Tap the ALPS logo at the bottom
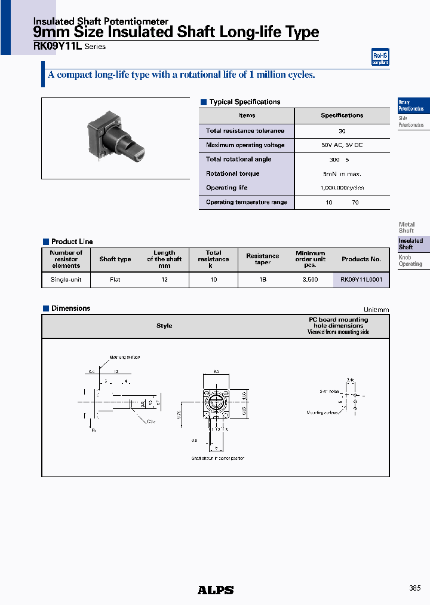click(x=216, y=590)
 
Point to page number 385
click(x=414, y=588)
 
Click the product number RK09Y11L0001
click(x=361, y=279)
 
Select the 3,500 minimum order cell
click(x=310, y=279)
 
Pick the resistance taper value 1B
click(x=262, y=279)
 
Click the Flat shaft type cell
click(x=115, y=279)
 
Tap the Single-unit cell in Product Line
click(x=66, y=279)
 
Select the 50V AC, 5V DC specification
click(x=342, y=145)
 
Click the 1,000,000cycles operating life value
click(x=342, y=188)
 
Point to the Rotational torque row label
click(x=232, y=173)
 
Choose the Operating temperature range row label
click(x=246, y=202)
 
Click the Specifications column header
click(x=342, y=115)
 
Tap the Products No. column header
click(x=361, y=259)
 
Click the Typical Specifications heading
click(x=244, y=102)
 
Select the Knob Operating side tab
click(x=410, y=261)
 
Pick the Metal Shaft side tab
click(x=407, y=227)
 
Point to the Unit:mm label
click(x=376, y=310)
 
